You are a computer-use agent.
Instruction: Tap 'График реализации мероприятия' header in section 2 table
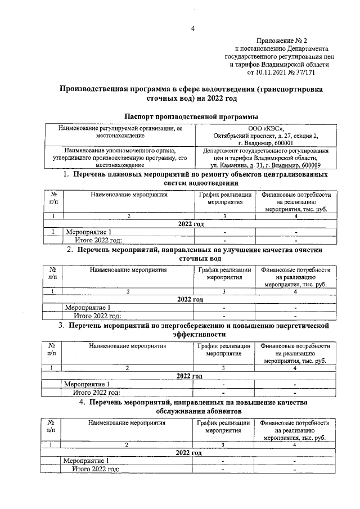(224, 274)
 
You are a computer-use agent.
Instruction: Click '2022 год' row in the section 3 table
(190, 376)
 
